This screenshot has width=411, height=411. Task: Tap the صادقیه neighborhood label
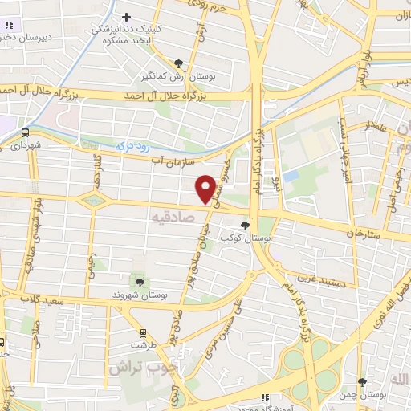pyautogui.click(x=173, y=218)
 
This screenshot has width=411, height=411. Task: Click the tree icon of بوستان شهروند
pyautogui.click(x=141, y=282)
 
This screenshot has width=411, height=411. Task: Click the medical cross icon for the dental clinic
pyautogui.click(x=126, y=17)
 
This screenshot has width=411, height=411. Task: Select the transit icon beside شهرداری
pyautogui.click(x=25, y=132)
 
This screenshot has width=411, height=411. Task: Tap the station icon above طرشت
pyautogui.click(x=144, y=332)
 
